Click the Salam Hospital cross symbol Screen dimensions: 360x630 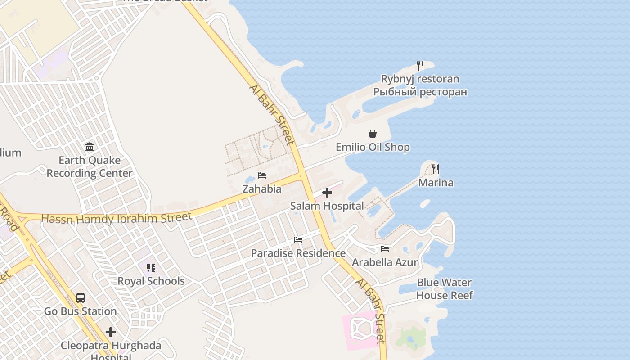[327, 193]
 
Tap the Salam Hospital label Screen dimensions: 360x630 [327, 206]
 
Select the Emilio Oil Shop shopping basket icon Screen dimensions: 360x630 [373, 134]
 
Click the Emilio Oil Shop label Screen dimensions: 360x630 [373, 147]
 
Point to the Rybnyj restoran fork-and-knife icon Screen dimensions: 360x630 [420, 66]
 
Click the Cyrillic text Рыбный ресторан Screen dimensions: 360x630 [420, 92]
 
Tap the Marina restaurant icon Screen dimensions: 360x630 [435, 169]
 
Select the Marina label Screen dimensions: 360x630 [436, 183]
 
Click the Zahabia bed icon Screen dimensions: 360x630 [262, 175]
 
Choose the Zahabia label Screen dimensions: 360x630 [262, 189]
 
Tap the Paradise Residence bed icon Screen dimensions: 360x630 [298, 239]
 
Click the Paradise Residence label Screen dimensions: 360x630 [298, 253]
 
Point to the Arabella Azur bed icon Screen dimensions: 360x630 [385, 248]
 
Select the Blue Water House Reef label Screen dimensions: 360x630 [444, 289]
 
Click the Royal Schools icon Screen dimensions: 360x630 [151, 268]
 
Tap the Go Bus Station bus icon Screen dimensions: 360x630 [81, 297]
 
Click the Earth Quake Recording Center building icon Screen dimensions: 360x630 [90, 147]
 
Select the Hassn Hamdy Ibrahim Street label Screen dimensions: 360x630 [117, 218]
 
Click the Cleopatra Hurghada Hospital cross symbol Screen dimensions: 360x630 [111, 333]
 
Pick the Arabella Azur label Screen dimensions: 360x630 [385, 262]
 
